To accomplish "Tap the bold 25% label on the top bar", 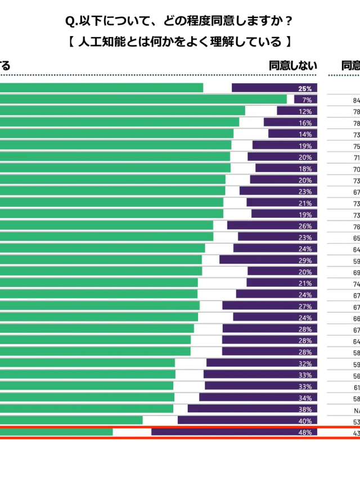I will tap(305, 88).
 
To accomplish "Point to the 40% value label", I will tap(305, 421).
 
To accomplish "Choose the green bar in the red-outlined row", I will tap(56, 432).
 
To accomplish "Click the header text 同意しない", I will tap(293, 66).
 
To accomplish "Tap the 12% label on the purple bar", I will tap(305, 111).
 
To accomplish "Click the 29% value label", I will tap(305, 260).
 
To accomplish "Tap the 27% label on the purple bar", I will tap(305, 306).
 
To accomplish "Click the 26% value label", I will tap(305, 226).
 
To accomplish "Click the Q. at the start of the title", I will tap(71, 21).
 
